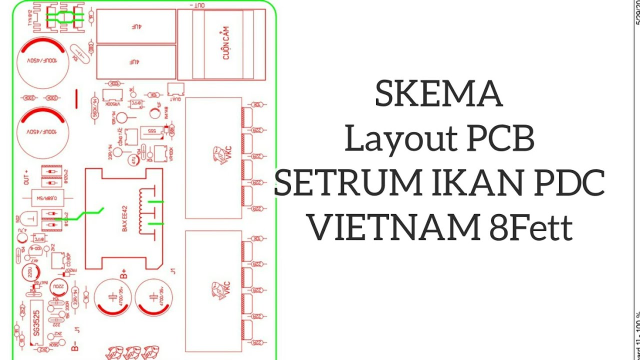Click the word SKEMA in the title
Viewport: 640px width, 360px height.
(x=438, y=95)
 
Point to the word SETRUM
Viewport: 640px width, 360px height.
(x=347, y=183)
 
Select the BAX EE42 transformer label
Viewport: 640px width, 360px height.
(x=125, y=218)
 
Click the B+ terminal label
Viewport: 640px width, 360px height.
(x=123, y=273)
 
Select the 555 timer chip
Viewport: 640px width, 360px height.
(x=151, y=131)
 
